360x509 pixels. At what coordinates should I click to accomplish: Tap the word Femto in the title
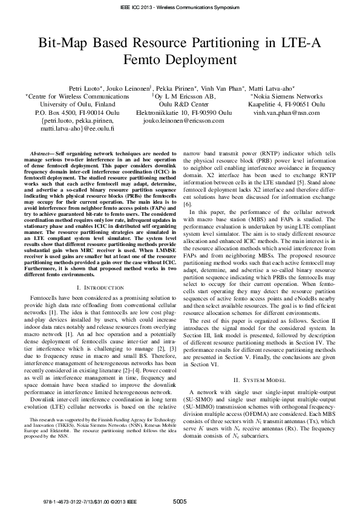coord(150,60)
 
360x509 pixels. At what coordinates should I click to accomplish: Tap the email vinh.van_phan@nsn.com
coord(286,112)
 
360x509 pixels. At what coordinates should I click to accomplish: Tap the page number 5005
coord(180,501)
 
